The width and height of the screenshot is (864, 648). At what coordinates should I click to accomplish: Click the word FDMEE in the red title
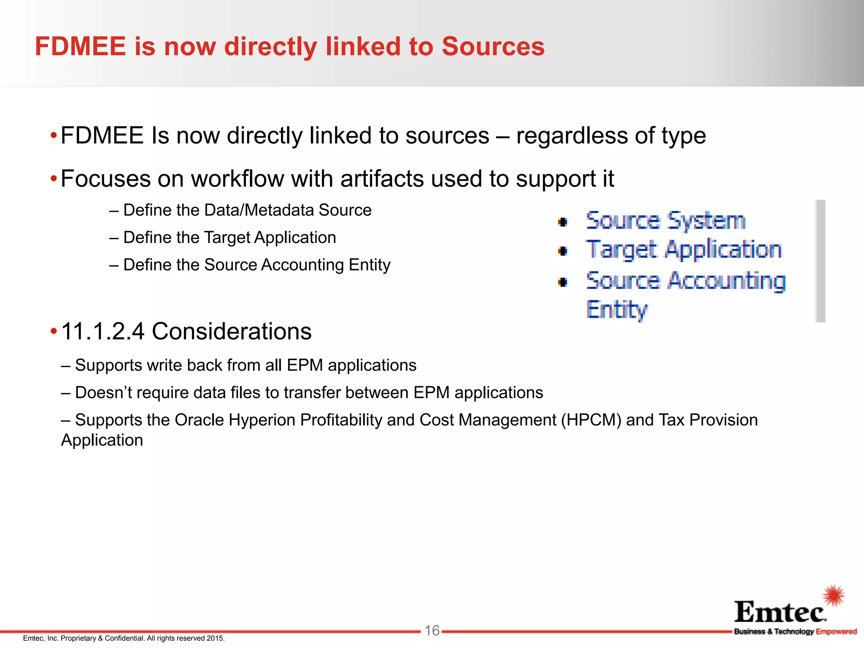pyautogui.click(x=81, y=46)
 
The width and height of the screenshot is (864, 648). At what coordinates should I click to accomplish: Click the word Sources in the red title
pyautogui.click(x=493, y=46)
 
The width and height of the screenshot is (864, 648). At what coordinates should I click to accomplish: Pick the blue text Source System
pyautogui.click(x=666, y=221)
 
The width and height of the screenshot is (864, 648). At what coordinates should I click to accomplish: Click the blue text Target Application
pyautogui.click(x=684, y=250)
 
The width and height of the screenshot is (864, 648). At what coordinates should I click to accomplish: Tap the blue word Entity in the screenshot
pyautogui.click(x=616, y=310)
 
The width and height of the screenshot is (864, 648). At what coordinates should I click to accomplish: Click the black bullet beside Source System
pyautogui.click(x=563, y=222)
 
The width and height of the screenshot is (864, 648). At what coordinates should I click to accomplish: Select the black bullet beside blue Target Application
pyautogui.click(x=563, y=251)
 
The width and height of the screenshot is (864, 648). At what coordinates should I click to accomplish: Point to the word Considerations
pyautogui.click(x=232, y=331)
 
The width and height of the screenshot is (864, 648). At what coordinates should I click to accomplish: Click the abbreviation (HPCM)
pyautogui.click(x=591, y=420)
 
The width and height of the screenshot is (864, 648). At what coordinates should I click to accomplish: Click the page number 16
pyautogui.click(x=432, y=630)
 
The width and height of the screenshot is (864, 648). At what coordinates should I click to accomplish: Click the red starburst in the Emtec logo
pyautogui.click(x=834, y=595)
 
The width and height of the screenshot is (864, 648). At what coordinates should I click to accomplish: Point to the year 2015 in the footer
pyautogui.click(x=215, y=638)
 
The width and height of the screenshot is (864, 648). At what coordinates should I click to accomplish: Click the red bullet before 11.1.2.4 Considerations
pyautogui.click(x=54, y=331)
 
